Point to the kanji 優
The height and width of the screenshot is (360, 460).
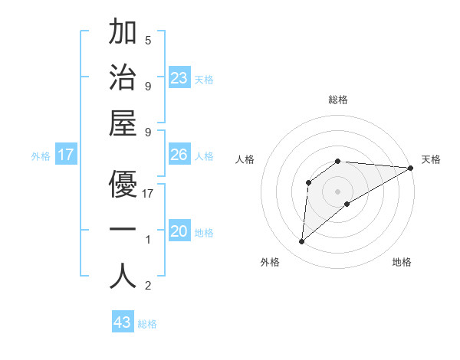(x=123, y=184)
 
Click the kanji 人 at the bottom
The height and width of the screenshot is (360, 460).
(x=123, y=277)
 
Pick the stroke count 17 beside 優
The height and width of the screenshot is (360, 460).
(x=149, y=194)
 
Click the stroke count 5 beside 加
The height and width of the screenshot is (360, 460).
(x=148, y=40)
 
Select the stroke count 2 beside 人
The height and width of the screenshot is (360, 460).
(x=148, y=286)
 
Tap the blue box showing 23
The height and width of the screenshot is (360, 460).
(x=179, y=78)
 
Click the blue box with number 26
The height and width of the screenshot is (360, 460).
(x=179, y=155)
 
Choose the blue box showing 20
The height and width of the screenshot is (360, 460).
(x=179, y=231)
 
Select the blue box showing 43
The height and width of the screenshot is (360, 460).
(x=123, y=322)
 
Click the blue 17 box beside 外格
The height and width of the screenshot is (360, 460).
(x=66, y=155)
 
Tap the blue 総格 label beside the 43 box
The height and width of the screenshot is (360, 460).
(x=147, y=324)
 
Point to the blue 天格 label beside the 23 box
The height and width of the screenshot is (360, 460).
(x=204, y=80)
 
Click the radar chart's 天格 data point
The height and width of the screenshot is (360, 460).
(x=411, y=168)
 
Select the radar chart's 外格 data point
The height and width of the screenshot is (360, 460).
(x=302, y=242)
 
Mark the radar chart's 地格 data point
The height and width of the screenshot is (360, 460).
(x=347, y=203)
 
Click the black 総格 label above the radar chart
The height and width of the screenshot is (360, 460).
(x=338, y=100)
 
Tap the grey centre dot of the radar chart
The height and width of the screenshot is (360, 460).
(x=338, y=191)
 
